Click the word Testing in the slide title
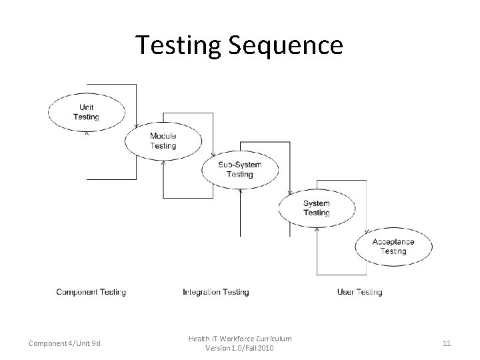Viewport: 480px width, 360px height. [x=179, y=45]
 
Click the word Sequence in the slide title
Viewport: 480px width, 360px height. [x=286, y=45]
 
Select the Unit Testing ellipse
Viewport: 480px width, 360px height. [x=86, y=111]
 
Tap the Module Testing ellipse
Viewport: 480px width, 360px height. [x=163, y=141]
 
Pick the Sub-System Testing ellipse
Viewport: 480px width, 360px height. [x=239, y=169]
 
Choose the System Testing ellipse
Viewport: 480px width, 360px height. [x=316, y=208]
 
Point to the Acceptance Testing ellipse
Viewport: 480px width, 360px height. [x=393, y=246]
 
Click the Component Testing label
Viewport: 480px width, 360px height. [x=91, y=292]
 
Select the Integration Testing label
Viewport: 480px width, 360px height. [x=215, y=292]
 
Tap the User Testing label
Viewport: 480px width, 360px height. [x=359, y=292]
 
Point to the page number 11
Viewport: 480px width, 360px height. [x=447, y=343]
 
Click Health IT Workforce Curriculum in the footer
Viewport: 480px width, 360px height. [x=239, y=339]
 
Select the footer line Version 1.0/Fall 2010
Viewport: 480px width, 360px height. [x=239, y=349]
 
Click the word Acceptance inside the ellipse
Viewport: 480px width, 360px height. [x=393, y=241]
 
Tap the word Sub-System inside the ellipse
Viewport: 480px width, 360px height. [x=239, y=165]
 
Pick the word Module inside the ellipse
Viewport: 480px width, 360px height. [x=163, y=136]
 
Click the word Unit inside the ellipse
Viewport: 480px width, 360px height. [x=86, y=107]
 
